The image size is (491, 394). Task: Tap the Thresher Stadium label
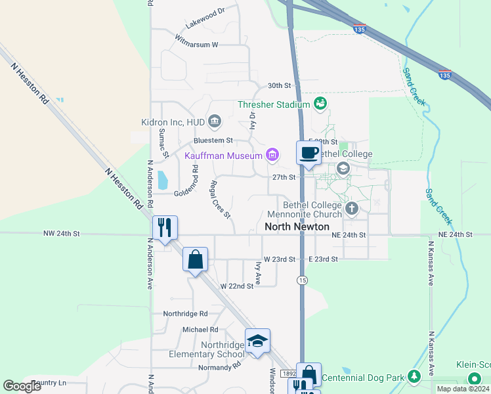click(274, 104)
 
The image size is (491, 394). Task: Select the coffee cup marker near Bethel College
click(309, 154)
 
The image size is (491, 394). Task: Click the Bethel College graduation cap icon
click(342, 169)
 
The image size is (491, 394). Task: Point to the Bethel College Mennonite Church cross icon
click(352, 209)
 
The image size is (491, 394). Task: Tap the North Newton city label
click(297, 227)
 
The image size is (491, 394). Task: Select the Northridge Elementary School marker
click(257, 341)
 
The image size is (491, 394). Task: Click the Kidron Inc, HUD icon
click(214, 121)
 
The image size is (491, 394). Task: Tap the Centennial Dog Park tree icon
click(414, 377)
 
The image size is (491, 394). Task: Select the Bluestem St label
click(213, 141)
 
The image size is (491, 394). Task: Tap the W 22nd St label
click(236, 286)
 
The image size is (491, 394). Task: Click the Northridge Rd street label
click(185, 314)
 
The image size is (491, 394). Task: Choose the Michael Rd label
click(200, 330)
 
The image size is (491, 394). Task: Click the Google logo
click(22, 386)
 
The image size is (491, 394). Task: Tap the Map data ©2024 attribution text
click(463, 389)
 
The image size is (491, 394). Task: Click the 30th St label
click(279, 86)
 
